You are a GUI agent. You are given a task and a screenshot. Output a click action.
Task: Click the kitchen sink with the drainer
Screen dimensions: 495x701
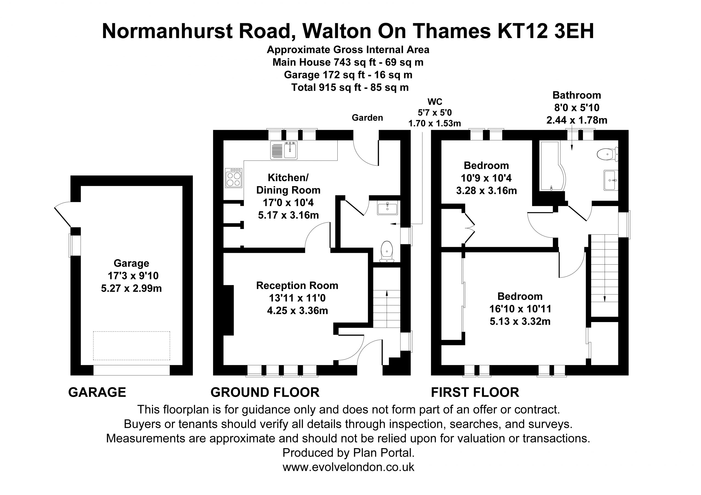[284, 150]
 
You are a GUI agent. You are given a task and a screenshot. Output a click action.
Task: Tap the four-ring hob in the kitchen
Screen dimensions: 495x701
[234, 178]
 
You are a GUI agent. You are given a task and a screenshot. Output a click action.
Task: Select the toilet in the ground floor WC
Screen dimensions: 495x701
[387, 251]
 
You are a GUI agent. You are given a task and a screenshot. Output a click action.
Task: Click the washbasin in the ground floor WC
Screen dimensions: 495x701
[387, 208]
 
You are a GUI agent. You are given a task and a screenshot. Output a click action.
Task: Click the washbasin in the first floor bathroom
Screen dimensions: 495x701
[611, 180]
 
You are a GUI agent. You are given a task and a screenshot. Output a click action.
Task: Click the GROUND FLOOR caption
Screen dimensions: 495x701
[265, 392]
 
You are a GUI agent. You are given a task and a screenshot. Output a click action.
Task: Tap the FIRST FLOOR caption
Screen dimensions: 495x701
[475, 392]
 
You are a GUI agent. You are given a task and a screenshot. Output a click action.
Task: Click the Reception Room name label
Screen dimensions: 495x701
[297, 285]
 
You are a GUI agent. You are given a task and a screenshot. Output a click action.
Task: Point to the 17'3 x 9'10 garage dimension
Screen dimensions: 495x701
[133, 276]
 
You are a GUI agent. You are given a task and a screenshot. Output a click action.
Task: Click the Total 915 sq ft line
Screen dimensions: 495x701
[350, 88]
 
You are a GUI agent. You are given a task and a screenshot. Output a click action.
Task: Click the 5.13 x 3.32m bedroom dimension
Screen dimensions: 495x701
[520, 321]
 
